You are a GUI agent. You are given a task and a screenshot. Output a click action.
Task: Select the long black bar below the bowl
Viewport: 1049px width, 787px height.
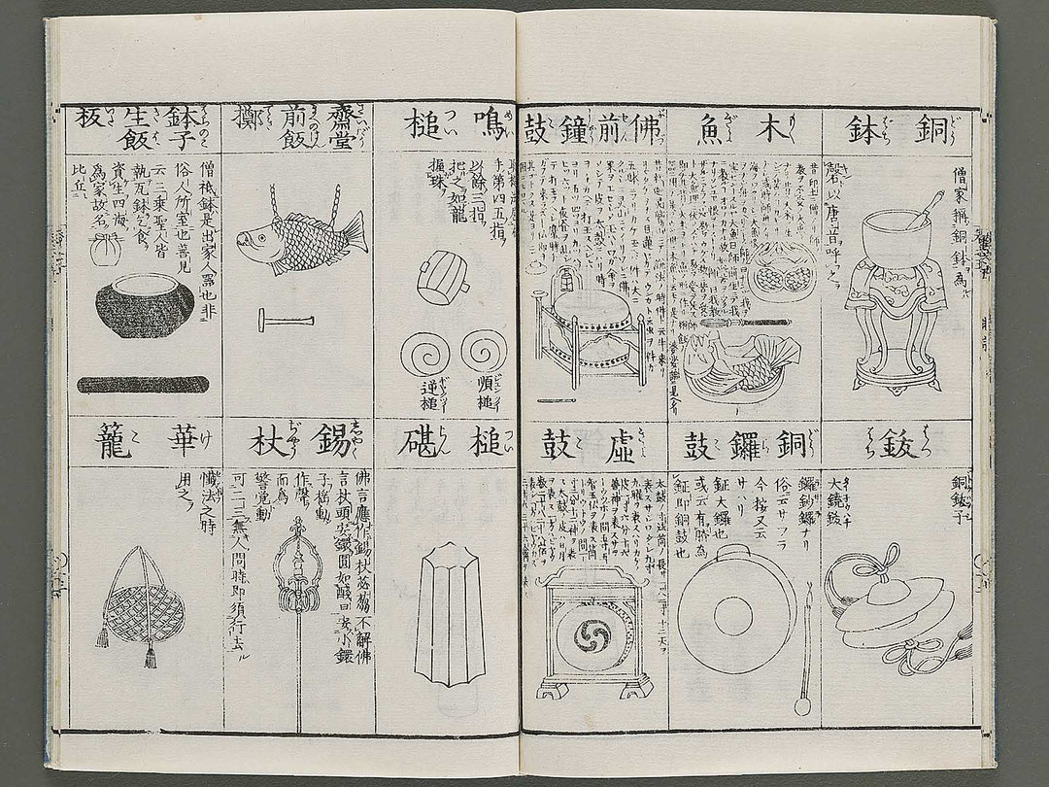pos(143,384)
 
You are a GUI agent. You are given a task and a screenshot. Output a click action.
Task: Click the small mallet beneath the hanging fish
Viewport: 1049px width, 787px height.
pos(286,320)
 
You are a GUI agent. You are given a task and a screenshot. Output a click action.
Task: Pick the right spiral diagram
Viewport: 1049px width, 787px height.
pos(484,352)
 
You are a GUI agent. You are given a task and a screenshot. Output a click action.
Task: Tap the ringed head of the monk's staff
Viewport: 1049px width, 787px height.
pos(298,573)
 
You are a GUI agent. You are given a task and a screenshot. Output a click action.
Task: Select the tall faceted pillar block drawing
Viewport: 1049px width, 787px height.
pos(449,614)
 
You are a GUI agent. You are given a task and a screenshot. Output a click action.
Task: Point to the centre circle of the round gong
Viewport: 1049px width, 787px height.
pos(733,616)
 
